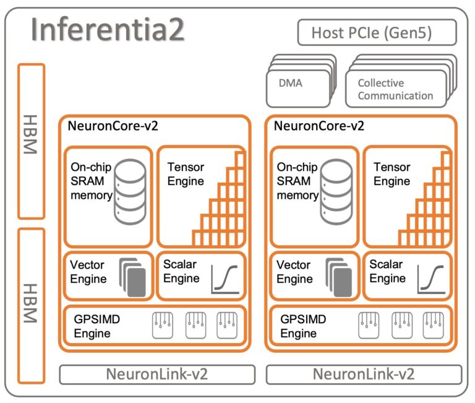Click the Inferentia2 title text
coord(108,30)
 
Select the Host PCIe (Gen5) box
coord(377,32)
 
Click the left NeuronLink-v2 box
coord(157,375)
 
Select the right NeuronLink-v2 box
coord(364,375)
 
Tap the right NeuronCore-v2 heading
coord(319,126)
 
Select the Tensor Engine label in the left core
coord(186,174)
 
